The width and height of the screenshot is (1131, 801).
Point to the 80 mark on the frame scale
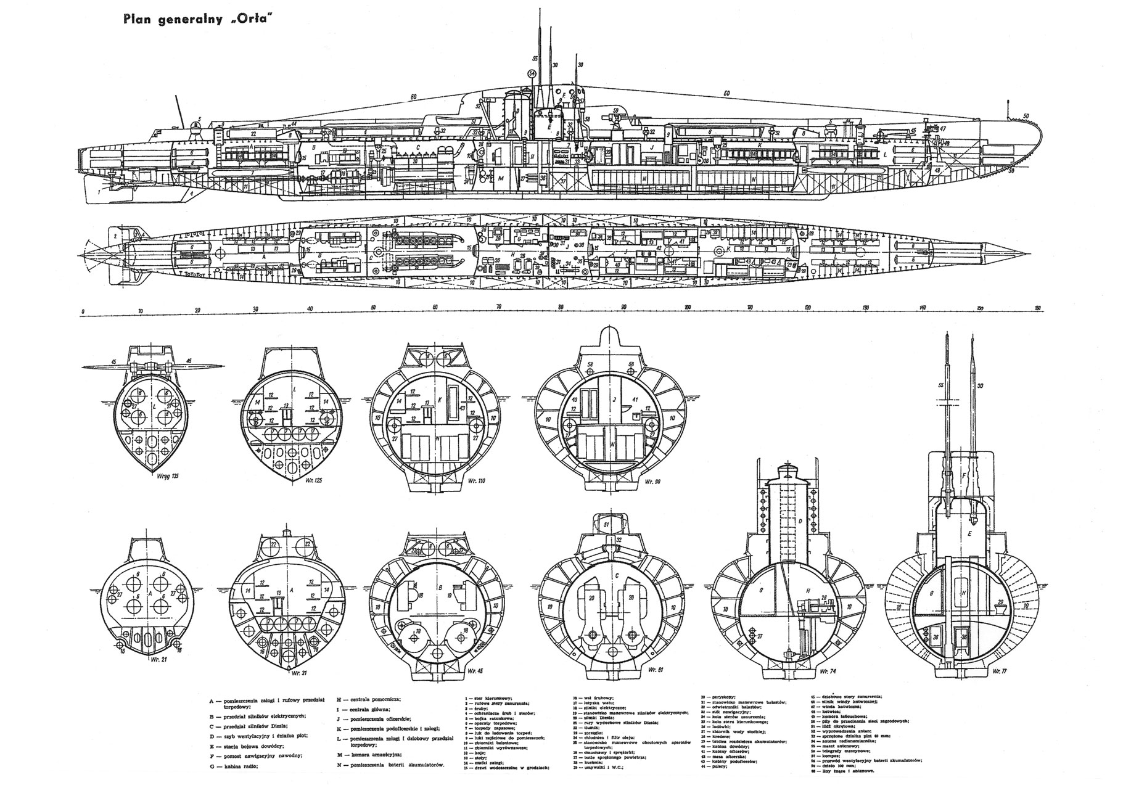point(560,306)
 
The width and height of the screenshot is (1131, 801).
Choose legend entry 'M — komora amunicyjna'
point(369,754)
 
